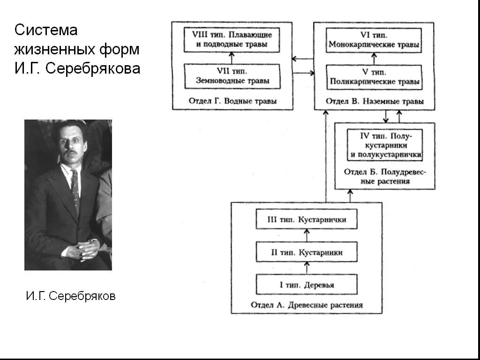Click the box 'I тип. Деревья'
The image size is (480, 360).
click(x=307, y=284)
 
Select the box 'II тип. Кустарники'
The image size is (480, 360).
click(x=307, y=252)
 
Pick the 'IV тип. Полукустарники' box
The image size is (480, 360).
click(x=385, y=145)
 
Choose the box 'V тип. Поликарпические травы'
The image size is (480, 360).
click(x=374, y=77)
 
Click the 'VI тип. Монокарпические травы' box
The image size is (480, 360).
click(x=374, y=40)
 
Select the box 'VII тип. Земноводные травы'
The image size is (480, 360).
click(x=232, y=76)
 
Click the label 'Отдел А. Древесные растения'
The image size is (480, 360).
click(x=307, y=305)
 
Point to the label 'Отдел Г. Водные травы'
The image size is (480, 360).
click(x=232, y=101)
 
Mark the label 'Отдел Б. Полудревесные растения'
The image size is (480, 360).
click(x=385, y=176)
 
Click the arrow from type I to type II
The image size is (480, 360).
click(x=307, y=268)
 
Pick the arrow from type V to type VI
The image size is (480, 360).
click(x=374, y=58)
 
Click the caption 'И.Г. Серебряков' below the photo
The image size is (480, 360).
click(x=70, y=296)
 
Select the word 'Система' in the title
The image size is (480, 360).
click(x=45, y=30)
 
